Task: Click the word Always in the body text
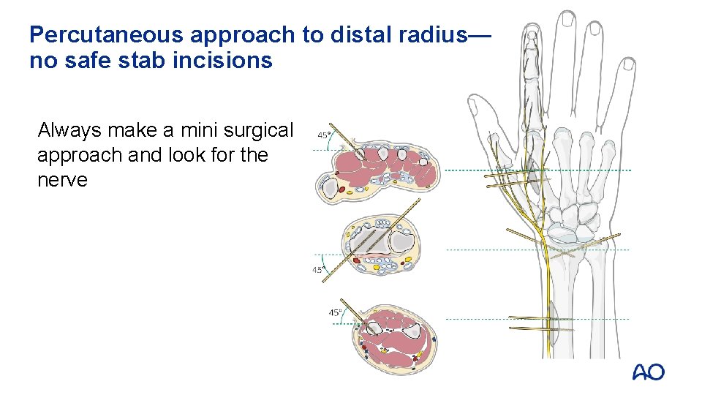[x=70, y=131]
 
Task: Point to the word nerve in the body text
[x=61, y=180]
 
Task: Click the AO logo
[x=648, y=372]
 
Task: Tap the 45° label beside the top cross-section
[x=324, y=135]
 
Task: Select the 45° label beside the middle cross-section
[x=320, y=270]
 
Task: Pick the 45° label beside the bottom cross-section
[x=336, y=312]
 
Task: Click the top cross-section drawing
[x=369, y=174]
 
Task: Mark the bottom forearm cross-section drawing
[x=399, y=342]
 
